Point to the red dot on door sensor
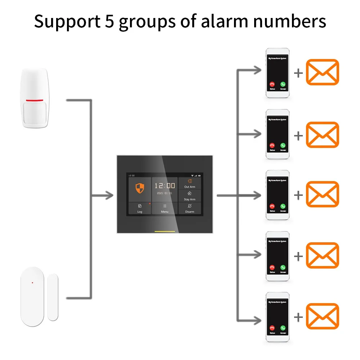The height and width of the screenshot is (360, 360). [32, 283]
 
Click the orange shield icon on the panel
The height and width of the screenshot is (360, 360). [139, 188]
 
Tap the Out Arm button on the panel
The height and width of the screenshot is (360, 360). [190, 183]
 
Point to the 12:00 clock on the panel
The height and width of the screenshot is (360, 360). [165, 186]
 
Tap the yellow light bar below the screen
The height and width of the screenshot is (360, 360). [165, 231]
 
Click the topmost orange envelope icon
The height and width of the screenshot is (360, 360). [322, 72]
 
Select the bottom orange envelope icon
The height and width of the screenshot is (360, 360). [322, 316]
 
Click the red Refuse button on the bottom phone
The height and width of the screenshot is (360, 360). [272, 328]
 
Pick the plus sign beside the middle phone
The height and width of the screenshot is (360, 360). [298, 195]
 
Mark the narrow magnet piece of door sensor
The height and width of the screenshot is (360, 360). [53, 297]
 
